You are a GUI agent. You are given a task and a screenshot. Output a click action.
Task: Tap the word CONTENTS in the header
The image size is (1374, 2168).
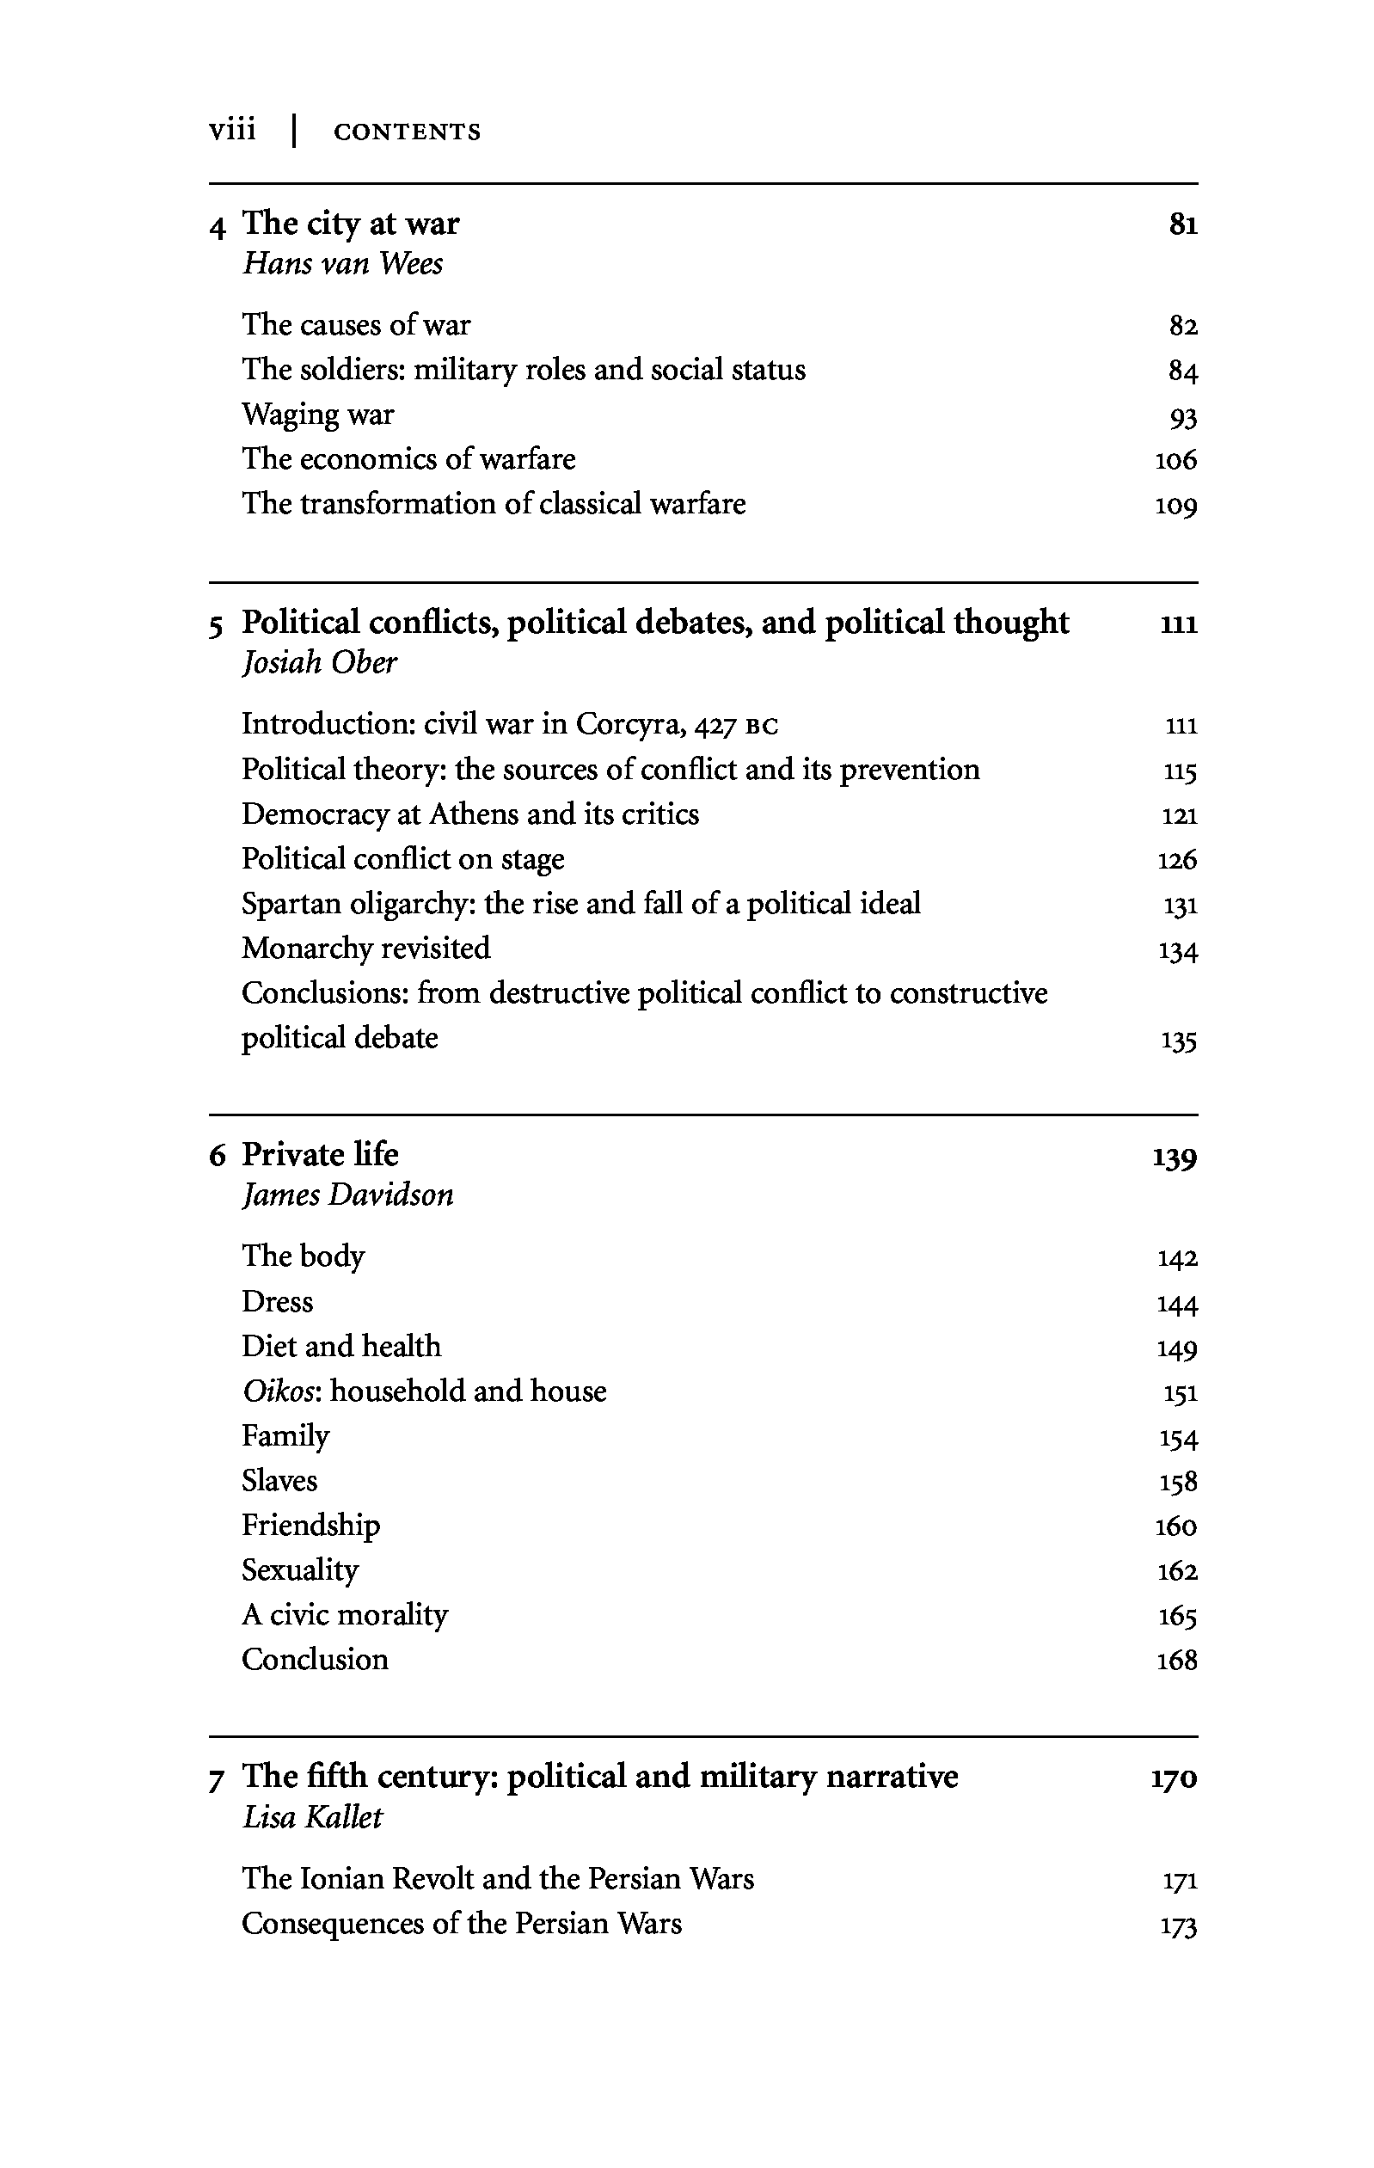click(407, 132)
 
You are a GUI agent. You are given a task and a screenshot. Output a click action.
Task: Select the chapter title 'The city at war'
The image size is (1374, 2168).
click(350, 223)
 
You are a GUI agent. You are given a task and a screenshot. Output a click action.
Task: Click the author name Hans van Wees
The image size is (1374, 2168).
click(342, 264)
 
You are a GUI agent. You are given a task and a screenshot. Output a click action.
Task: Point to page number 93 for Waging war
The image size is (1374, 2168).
click(1182, 418)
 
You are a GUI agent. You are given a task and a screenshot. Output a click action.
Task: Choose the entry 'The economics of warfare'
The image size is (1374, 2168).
click(408, 459)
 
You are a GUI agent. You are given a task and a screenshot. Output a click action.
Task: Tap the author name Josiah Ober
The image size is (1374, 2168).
click(319, 663)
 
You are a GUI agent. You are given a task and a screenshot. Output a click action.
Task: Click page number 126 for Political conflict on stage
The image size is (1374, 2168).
click(1177, 860)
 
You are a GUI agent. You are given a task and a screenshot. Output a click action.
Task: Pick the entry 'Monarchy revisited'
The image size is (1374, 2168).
click(365, 948)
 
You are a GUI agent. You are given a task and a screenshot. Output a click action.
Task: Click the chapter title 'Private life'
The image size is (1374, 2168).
click(320, 1154)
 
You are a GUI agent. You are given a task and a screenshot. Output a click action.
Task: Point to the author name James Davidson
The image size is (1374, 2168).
click(347, 1195)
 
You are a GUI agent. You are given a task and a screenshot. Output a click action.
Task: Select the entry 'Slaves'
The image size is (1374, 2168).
click(279, 1480)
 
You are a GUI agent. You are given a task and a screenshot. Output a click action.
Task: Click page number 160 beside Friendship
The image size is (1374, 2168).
click(1176, 1526)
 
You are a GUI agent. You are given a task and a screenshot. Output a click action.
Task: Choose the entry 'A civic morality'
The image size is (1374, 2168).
click(344, 1614)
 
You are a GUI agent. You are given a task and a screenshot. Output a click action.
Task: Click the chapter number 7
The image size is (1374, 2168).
click(216, 1780)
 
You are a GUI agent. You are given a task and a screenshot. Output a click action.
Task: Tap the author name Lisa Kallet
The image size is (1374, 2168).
click(311, 1817)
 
